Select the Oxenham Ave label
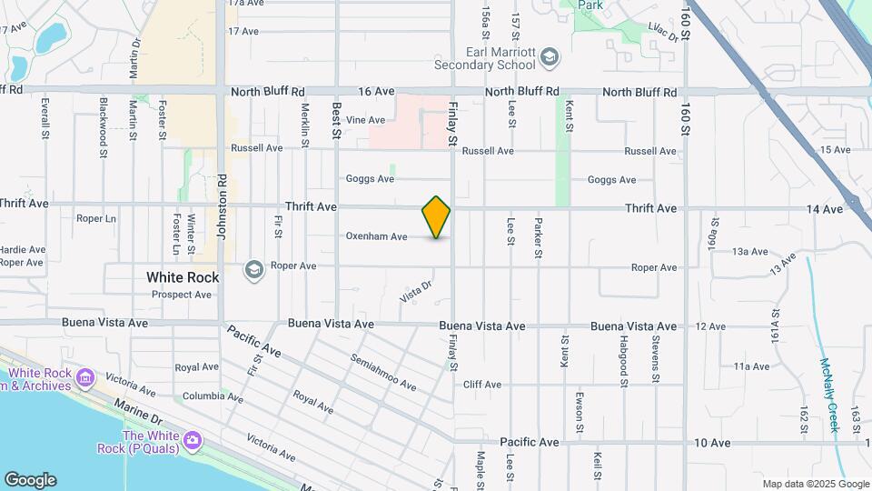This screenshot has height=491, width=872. tap(376, 236)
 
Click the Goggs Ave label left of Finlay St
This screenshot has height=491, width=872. tap(370, 179)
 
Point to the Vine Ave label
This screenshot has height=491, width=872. tap(366, 120)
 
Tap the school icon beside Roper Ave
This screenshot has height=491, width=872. tap(253, 269)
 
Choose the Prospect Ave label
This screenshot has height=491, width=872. tap(182, 295)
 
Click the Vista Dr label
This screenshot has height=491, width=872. tap(415, 292)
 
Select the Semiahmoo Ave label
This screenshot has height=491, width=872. tap(382, 372)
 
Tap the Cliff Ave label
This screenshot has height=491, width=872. tap(481, 385)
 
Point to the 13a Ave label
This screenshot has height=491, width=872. tap(750, 251)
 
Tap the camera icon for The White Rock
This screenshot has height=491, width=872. tap(192, 441)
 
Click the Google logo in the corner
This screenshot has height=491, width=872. tap(30, 480)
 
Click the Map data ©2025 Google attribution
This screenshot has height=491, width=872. tap(816, 484)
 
